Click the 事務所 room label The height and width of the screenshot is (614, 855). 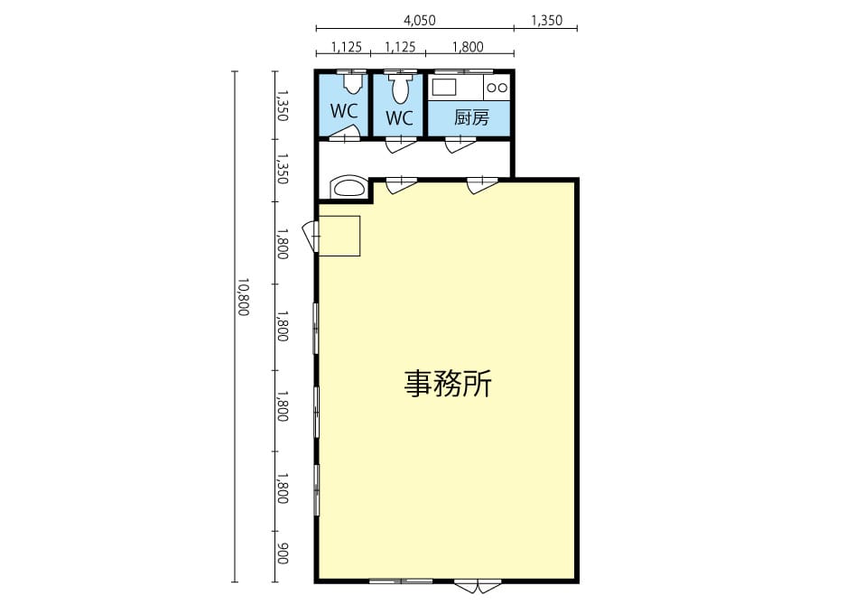click(448, 384)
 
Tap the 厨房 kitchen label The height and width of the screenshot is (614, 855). click(471, 117)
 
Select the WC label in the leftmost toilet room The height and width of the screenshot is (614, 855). click(344, 111)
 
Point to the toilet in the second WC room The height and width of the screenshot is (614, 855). click(401, 88)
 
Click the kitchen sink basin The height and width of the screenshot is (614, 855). click(444, 87)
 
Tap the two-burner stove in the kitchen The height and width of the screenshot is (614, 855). click(497, 88)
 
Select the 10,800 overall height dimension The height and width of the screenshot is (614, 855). click(243, 297)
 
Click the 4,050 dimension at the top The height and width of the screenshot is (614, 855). click(419, 20)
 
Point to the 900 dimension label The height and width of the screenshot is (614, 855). click(282, 554)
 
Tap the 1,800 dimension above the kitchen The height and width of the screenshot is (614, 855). click(468, 47)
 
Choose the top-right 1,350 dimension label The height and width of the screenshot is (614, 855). click(546, 20)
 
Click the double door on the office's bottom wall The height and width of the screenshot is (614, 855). click(478, 586)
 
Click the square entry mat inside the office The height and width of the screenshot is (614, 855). click(339, 236)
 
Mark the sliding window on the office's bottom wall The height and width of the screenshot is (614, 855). click(401, 581)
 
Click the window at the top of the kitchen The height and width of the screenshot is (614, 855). click(463, 71)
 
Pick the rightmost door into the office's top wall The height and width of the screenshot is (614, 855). click(482, 185)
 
